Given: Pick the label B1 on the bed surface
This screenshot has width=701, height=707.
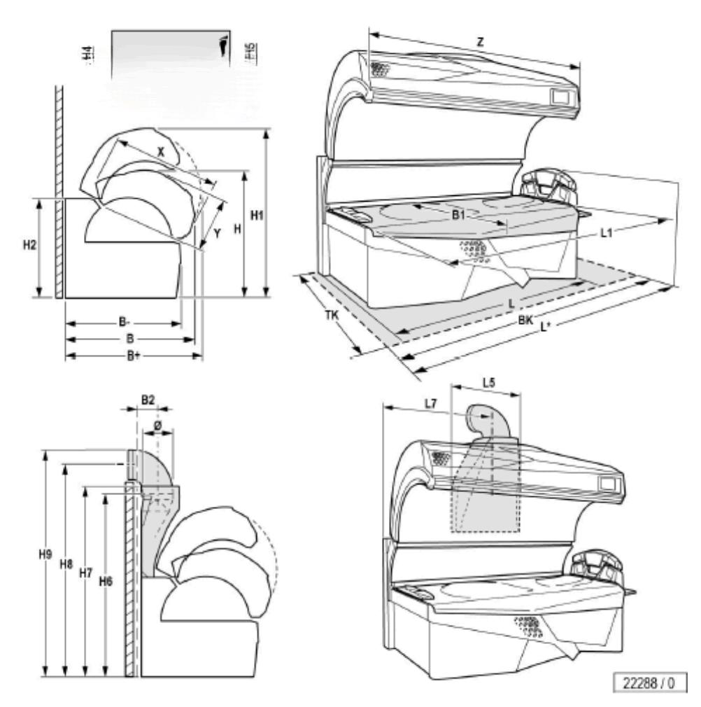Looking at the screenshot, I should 459,216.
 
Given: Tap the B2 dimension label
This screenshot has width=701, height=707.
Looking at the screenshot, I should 148,400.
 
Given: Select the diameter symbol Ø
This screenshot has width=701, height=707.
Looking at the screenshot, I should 157,425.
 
